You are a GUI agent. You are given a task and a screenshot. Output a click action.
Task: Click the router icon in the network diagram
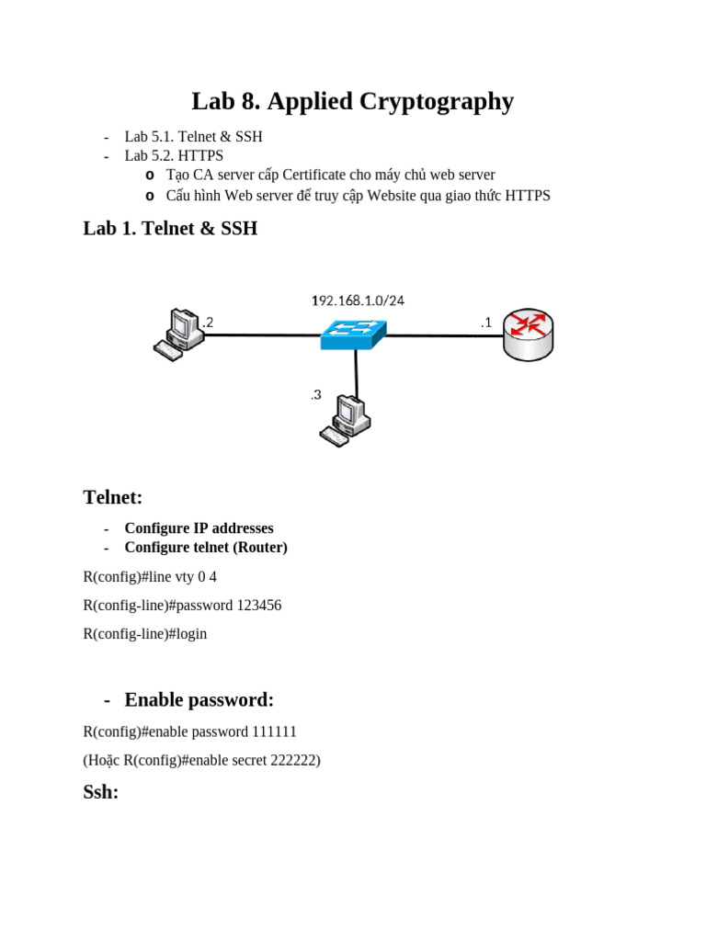pyautogui.click(x=529, y=335)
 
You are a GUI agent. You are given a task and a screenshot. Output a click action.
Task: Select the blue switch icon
pyautogui.click(x=354, y=334)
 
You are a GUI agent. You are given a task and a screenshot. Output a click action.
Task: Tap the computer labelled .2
pyautogui.click(x=177, y=334)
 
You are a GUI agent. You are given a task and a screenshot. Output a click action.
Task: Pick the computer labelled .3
pyautogui.click(x=346, y=420)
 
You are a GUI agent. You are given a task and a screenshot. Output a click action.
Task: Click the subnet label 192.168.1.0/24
pyautogui.click(x=358, y=300)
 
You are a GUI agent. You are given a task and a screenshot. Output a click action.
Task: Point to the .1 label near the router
pyautogui.click(x=486, y=322)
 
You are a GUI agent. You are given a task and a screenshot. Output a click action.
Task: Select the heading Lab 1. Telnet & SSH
pyautogui.click(x=170, y=229)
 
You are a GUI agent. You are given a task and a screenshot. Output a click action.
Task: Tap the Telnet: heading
pyautogui.click(x=113, y=498)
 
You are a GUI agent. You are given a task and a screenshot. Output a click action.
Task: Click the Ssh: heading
pyautogui.click(x=101, y=791)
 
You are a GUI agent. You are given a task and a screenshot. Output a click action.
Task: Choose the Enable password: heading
pyautogui.click(x=199, y=700)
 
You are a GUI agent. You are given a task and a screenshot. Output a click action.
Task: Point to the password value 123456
pyautogui.click(x=259, y=606)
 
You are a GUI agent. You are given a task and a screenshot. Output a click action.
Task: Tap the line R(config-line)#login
pyautogui.click(x=144, y=634)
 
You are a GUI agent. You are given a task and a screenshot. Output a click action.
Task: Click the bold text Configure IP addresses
pyautogui.click(x=199, y=528)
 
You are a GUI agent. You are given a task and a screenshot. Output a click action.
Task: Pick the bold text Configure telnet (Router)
pyautogui.click(x=206, y=548)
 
